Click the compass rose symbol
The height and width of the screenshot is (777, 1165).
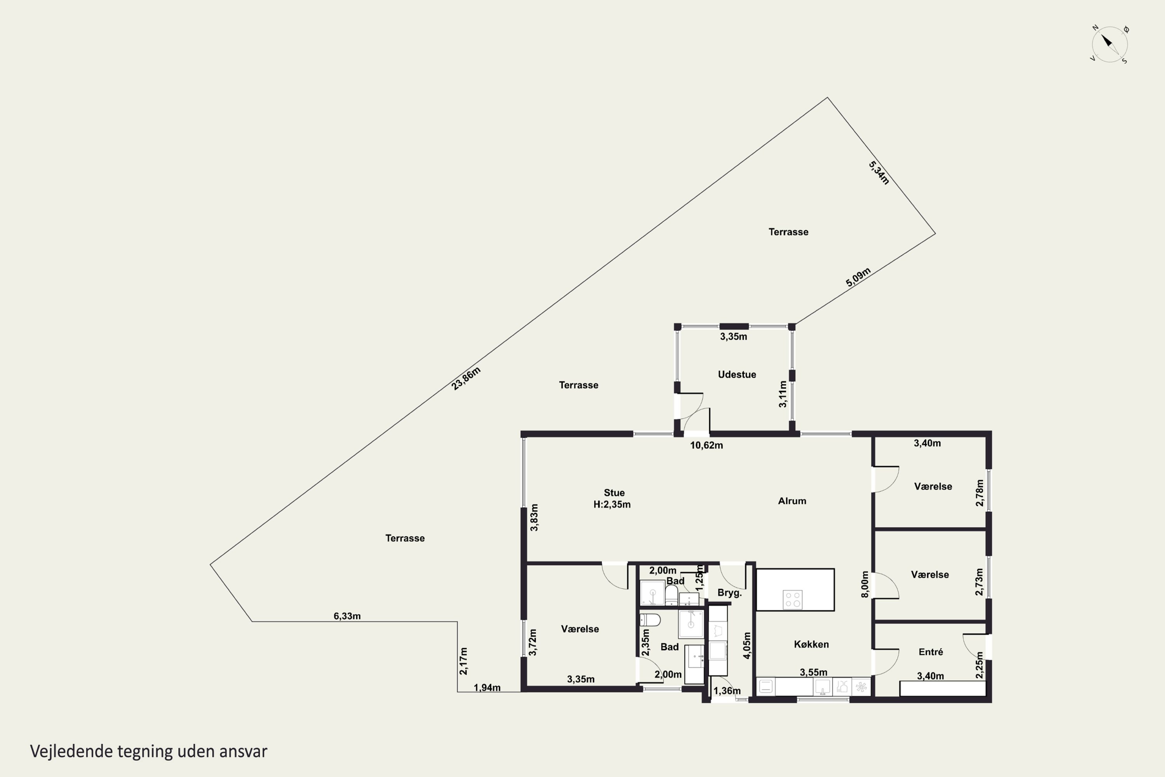tap(1110, 45)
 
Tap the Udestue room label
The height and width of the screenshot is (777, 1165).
tap(737, 375)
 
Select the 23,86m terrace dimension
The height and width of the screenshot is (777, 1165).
tap(466, 378)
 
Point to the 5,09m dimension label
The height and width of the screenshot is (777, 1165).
tap(858, 277)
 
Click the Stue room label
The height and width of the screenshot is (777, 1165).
tap(614, 493)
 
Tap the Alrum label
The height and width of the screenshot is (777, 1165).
tap(792, 501)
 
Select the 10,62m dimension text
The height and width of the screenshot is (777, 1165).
tap(706, 445)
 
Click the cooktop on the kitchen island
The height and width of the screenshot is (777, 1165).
tap(793, 599)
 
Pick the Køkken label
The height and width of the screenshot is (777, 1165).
tap(811, 644)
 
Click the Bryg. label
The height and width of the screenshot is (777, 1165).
tap(730, 593)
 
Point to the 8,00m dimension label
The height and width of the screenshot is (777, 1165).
tap(865, 585)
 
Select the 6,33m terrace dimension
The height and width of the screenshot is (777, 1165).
tap(347, 616)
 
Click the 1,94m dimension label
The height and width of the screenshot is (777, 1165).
tap(487, 687)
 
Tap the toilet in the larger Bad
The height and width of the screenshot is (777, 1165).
tap(650, 620)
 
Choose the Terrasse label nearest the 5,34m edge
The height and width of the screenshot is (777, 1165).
tap(788, 232)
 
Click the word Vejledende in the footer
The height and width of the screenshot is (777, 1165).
tap(71, 751)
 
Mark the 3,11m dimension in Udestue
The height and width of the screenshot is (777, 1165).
tap(782, 394)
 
